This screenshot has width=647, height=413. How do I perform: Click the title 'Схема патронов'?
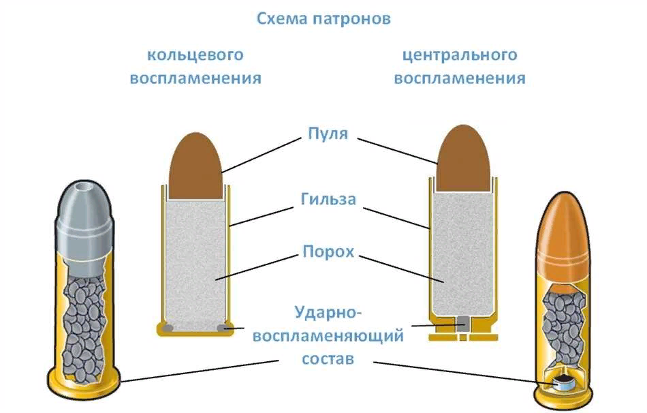[x=323, y=18]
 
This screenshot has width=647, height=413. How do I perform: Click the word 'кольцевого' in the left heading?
[x=195, y=55]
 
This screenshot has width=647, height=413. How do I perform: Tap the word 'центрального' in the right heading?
[x=460, y=55]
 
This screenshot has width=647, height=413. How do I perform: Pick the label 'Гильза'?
[x=328, y=200]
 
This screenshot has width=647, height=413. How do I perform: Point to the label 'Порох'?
[x=328, y=251]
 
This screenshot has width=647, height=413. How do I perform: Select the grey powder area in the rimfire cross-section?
[x=195, y=259]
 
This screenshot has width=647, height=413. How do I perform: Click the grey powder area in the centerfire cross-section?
[x=463, y=252]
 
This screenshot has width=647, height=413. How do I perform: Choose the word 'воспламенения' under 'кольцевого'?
[x=195, y=78]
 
